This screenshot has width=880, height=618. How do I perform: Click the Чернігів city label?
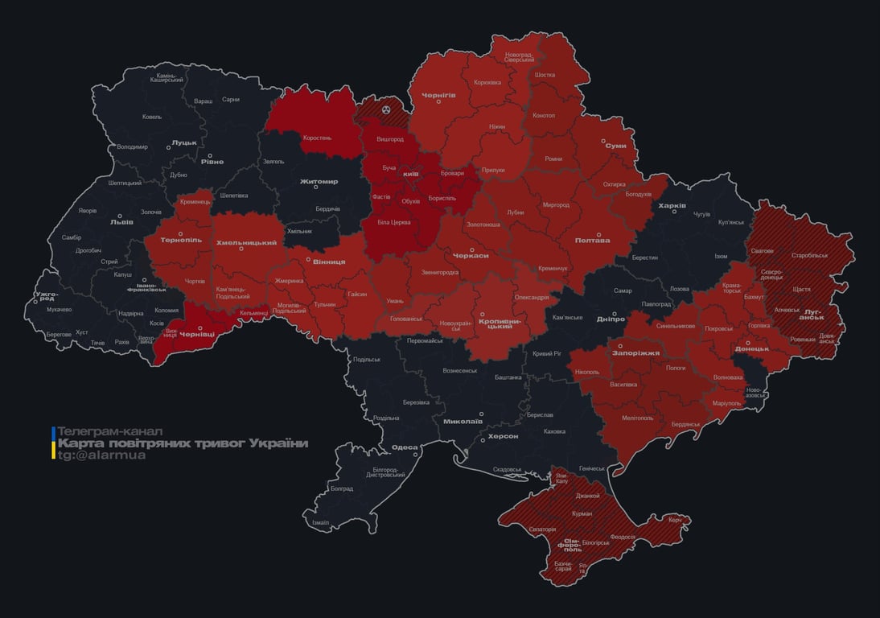click(x=438, y=94)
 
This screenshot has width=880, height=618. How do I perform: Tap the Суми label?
click(x=615, y=146)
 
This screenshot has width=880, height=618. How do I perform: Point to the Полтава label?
click(x=592, y=240)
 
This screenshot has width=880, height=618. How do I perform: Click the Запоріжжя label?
click(x=635, y=352)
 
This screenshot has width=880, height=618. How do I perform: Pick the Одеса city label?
click(x=404, y=447)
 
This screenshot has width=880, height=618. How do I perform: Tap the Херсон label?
click(x=503, y=435)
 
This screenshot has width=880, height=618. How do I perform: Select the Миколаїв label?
click(x=463, y=421)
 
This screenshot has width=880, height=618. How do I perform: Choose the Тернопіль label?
click(x=181, y=240)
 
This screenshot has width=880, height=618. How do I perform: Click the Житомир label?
click(x=319, y=181)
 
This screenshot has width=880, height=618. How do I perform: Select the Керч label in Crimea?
click(x=674, y=520)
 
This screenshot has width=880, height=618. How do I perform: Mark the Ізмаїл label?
click(x=320, y=522)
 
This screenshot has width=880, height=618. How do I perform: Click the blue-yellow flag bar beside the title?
click(x=53, y=443)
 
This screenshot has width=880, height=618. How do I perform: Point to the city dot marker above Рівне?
click(x=211, y=156)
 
